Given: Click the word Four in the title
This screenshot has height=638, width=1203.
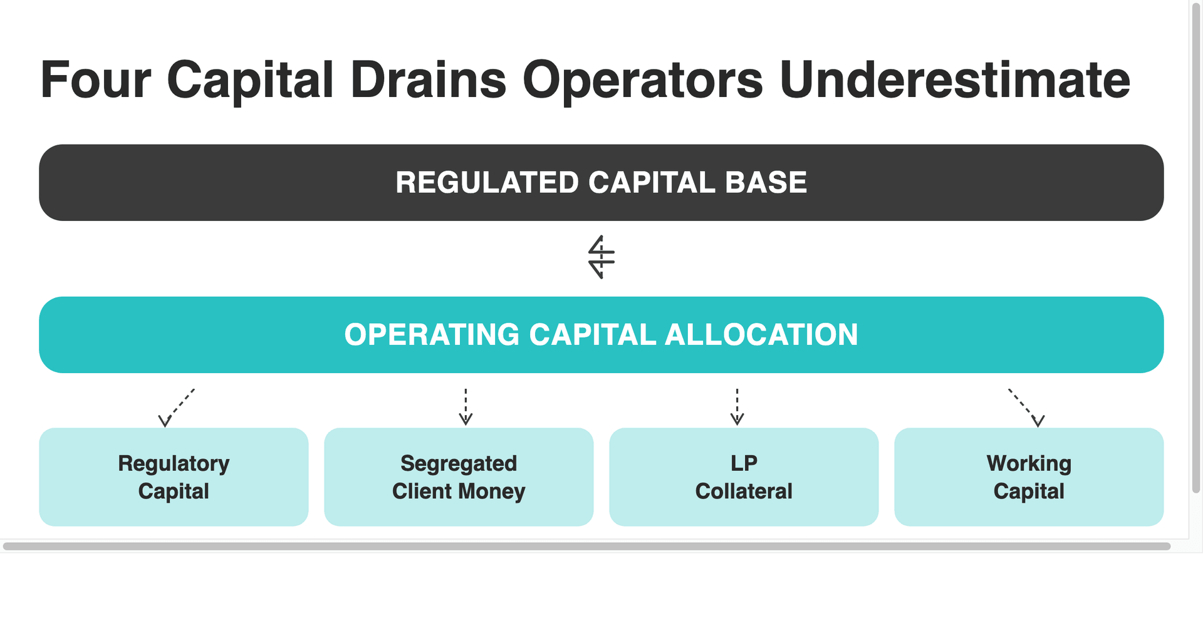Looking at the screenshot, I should click(95, 80).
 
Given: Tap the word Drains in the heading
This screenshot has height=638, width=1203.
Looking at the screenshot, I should click(428, 80).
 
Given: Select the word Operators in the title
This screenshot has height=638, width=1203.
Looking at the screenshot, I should click(642, 80).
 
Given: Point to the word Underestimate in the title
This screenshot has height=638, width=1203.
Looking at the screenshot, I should click(954, 80).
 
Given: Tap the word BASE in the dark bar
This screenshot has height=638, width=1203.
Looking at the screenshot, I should click(766, 183).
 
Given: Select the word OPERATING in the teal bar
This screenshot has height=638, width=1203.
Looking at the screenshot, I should click(432, 335).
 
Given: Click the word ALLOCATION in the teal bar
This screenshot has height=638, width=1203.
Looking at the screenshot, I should click(761, 335).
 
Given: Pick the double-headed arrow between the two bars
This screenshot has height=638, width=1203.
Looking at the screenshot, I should click(601, 257).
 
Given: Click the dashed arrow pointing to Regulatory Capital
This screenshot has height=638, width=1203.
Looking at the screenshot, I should click(177, 408).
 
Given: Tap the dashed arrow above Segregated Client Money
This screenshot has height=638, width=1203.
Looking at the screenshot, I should click(466, 407).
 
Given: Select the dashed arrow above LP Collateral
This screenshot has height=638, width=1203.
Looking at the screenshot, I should click(737, 407).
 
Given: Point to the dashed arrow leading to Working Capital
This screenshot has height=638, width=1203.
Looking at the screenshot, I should click(1026, 408).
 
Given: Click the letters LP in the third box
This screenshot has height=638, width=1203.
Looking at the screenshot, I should click(744, 463).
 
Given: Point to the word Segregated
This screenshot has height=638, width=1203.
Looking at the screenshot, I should click(459, 464).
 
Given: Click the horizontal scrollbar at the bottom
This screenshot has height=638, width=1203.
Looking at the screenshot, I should click(586, 547).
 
